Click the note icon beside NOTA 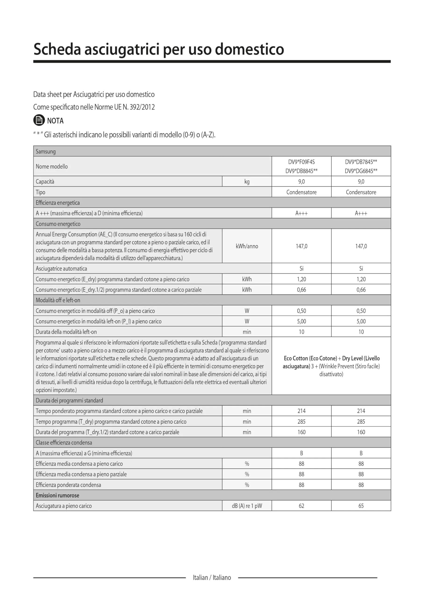(x=39, y=120)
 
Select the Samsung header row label (x=46, y=152)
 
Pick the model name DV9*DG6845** (x=361, y=171)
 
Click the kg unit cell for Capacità (x=247, y=182)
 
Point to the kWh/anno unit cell (x=247, y=246)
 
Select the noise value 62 (x=301, y=506)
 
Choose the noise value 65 (x=361, y=506)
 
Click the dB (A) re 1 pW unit (x=247, y=506)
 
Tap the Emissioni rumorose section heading (x=57, y=495)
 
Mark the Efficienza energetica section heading (x=58, y=203)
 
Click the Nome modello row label (x=52, y=167)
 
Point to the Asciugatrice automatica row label (x=61, y=268)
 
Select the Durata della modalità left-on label (x=66, y=332)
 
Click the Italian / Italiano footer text (x=212, y=577)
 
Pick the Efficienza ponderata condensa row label (x=68, y=485)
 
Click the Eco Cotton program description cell (x=331, y=366)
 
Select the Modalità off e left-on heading (x=58, y=300)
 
